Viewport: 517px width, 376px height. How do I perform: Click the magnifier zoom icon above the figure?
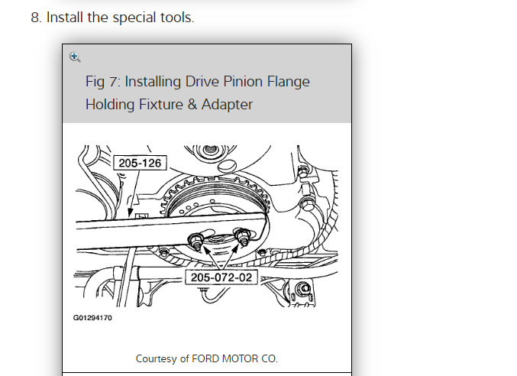pos(74,56)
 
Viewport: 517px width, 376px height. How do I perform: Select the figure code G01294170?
pos(92,318)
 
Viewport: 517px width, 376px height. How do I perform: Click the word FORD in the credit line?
pos(207,358)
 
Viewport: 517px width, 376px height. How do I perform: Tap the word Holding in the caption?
pos(111,104)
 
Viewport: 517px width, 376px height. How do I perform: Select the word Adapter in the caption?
pos(227,104)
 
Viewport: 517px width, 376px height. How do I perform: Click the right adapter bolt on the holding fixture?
pos(243,236)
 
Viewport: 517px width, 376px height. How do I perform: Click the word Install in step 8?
pos(66,18)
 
